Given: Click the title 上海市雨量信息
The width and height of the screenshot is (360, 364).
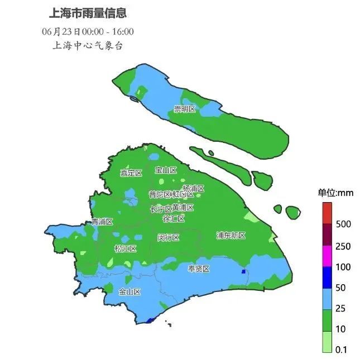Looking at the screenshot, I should pyautogui.click(x=87, y=12).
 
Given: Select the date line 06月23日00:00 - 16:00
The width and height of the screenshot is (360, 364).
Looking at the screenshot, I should pyautogui.click(x=88, y=31).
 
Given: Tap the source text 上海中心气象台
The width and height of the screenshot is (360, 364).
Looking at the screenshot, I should pyautogui.click(x=87, y=46).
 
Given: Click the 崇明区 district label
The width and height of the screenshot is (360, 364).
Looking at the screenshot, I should pyautogui.click(x=184, y=108).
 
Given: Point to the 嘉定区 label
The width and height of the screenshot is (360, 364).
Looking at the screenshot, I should pyautogui.click(x=132, y=173).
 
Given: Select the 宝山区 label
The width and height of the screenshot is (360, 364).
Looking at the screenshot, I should pyautogui.click(x=166, y=170).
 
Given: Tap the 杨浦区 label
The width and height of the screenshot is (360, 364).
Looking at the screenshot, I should pyautogui.click(x=194, y=189).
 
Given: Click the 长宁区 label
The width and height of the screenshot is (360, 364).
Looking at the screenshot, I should pyautogui.click(x=161, y=209).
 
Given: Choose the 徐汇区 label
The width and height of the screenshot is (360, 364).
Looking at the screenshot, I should pyautogui.click(x=174, y=219).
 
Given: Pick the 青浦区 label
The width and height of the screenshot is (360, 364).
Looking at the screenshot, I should pyautogui.click(x=102, y=222).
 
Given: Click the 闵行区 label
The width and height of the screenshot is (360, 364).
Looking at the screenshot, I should pyautogui.click(x=168, y=237).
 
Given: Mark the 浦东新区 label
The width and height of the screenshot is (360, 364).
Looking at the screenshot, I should pyautogui.click(x=231, y=236).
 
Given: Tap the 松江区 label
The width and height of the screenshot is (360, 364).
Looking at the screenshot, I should pyautogui.click(x=125, y=248).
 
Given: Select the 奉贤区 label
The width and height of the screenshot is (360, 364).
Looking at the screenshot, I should pyautogui.click(x=198, y=269).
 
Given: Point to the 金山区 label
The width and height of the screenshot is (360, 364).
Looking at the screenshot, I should pyautogui.click(x=129, y=291).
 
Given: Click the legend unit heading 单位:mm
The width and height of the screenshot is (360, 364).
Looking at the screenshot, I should pyautogui.click(x=335, y=193).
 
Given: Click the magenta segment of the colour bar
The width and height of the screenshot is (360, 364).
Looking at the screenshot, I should pyautogui.click(x=327, y=256).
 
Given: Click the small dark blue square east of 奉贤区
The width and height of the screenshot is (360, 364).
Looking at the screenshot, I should pyautogui.click(x=243, y=271).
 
